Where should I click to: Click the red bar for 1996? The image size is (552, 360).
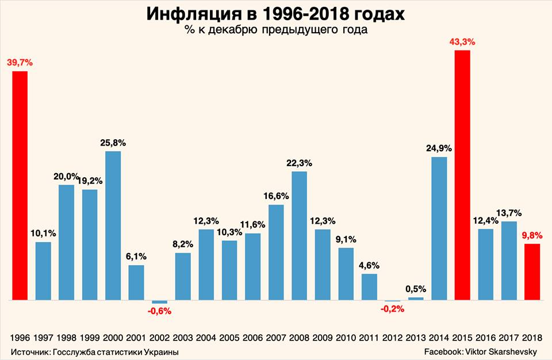[x=20, y=185]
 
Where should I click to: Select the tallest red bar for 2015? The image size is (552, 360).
[x=462, y=175]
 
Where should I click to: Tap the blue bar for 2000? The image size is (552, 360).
[x=113, y=225]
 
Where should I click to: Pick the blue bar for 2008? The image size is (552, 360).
[x=299, y=235]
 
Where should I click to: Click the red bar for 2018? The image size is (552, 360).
[x=532, y=271]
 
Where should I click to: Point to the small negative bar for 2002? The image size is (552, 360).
[x=159, y=302]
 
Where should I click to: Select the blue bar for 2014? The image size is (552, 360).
[x=439, y=228]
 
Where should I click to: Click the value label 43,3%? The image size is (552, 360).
[x=462, y=41]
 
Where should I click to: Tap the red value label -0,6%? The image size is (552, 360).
[x=159, y=311]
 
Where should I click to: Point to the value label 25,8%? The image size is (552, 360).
[x=113, y=141]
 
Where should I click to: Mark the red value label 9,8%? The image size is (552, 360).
[x=532, y=234]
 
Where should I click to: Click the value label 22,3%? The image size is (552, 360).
[x=299, y=163]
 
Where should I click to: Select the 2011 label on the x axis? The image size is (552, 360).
[x=369, y=337]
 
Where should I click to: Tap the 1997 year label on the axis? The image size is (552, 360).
[x=43, y=337]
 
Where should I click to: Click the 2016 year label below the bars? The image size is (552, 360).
[x=485, y=337]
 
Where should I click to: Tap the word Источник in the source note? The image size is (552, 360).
[x=29, y=351]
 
